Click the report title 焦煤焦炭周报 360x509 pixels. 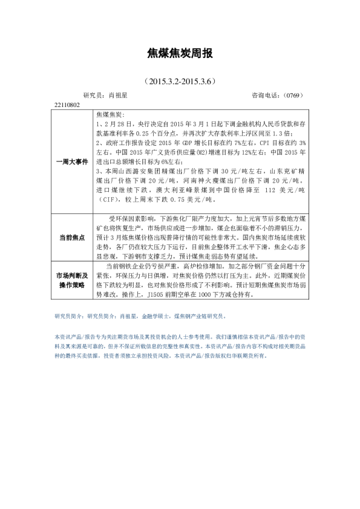tap(180, 54)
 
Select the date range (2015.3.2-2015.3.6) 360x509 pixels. tap(180, 80)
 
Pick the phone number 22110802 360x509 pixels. tap(67, 105)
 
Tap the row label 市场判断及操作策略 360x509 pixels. tap(72, 280)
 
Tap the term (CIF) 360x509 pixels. tap(106, 200)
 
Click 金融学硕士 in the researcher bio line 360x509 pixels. tap(154, 316)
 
